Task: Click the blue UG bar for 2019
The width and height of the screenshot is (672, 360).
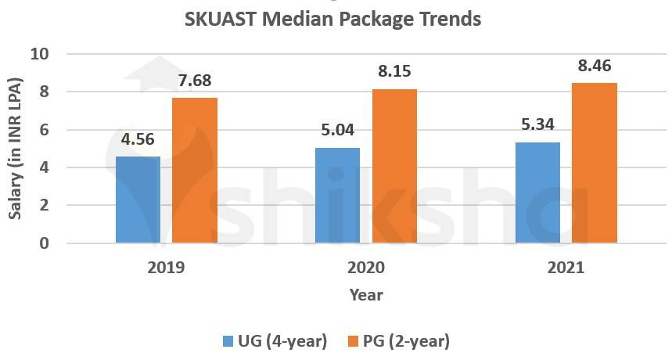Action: [138, 200]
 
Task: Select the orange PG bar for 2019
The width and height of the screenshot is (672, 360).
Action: [194, 170]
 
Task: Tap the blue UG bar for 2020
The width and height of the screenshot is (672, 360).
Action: [337, 195]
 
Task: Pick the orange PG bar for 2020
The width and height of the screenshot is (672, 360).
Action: [394, 166]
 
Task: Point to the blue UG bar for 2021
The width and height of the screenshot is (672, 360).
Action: [537, 193]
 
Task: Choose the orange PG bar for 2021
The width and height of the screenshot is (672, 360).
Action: [594, 163]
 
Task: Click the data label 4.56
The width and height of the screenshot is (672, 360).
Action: [138, 141]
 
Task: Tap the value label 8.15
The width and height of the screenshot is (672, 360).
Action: [394, 72]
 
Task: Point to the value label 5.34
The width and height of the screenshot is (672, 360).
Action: [537, 126]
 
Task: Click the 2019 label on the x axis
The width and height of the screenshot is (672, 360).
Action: [166, 268]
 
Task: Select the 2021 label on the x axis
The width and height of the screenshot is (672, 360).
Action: [566, 268]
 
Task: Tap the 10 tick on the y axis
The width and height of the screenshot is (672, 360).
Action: [39, 55]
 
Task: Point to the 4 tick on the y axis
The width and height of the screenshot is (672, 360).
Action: [44, 167]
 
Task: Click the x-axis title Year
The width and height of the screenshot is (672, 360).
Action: [365, 295]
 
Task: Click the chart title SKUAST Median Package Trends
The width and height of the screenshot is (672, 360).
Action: [332, 19]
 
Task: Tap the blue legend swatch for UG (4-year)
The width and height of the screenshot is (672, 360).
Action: [228, 341]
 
